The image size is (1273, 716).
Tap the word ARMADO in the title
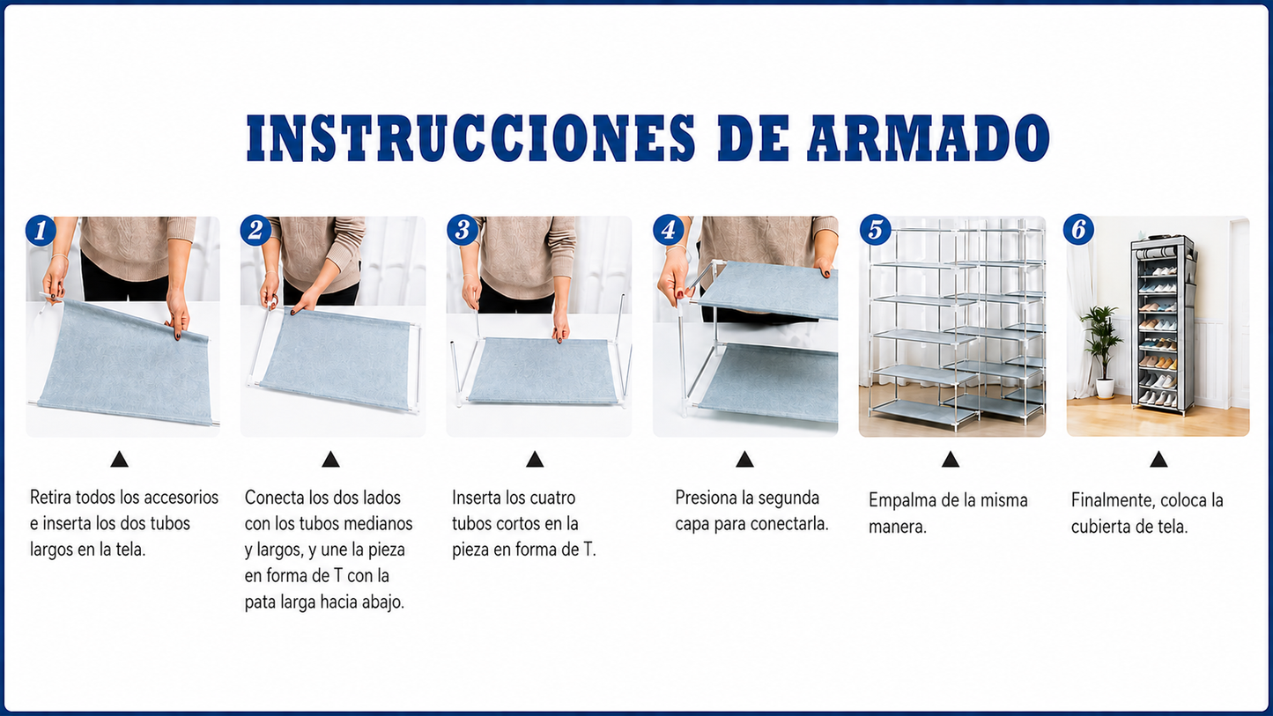929,137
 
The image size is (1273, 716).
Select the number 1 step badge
41,231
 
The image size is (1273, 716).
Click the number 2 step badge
255,231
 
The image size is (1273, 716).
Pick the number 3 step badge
462,230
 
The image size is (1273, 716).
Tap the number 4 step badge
669,230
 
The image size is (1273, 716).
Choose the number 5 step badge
875,230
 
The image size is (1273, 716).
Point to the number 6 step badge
1078,230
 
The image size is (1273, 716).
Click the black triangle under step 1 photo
119,459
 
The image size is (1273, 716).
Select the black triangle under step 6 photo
1158,459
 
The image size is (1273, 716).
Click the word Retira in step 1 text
50,498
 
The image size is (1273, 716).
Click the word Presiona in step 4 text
706,498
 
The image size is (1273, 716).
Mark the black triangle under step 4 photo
744,459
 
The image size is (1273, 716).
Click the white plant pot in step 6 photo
1105,388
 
